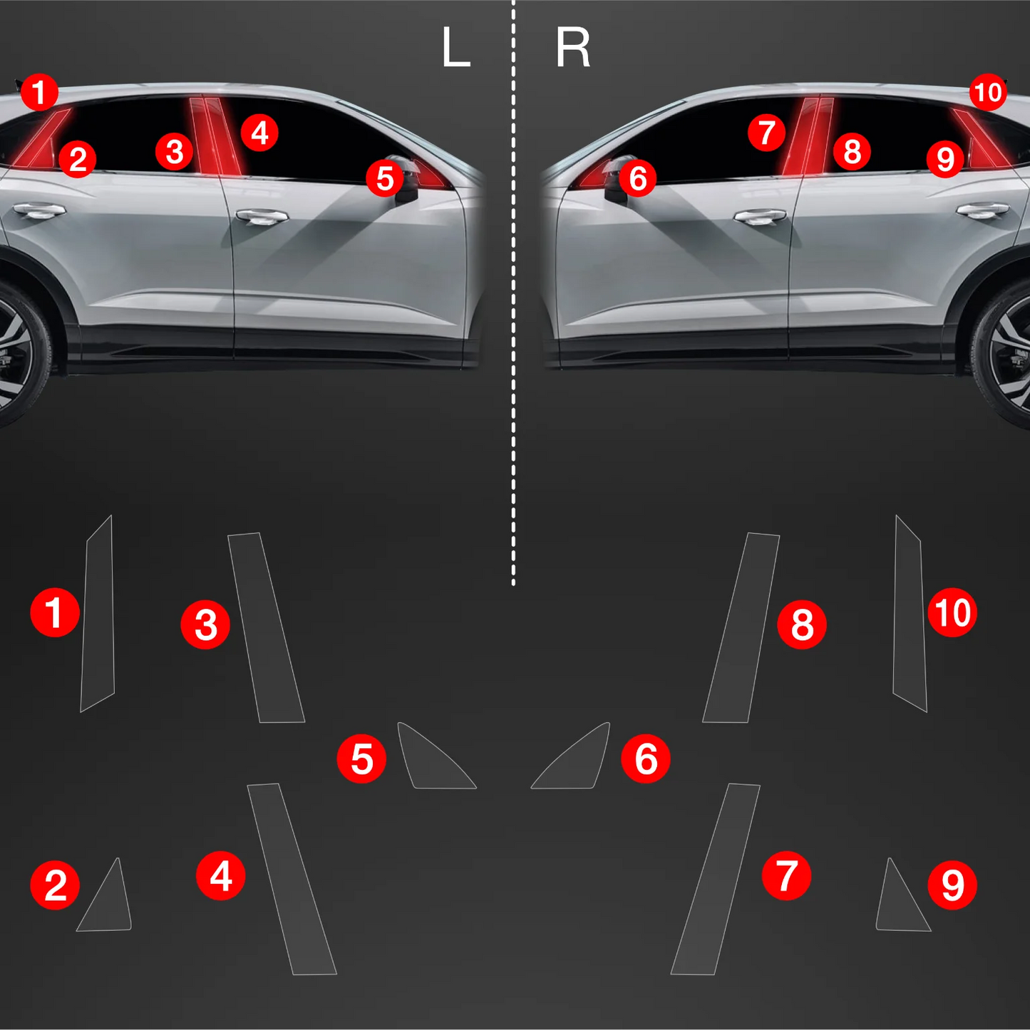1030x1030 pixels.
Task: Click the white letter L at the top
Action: [x=456, y=48]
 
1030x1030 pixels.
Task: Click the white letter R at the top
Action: [x=573, y=48]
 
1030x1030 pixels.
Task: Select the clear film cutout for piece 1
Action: [x=98, y=614]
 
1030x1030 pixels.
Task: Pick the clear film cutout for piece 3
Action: [x=266, y=627]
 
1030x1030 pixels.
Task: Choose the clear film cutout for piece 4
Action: [x=292, y=880]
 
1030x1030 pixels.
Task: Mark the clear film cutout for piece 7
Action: [x=715, y=880]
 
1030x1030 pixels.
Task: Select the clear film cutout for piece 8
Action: [x=741, y=627]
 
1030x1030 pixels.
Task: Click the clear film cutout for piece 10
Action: [x=910, y=614]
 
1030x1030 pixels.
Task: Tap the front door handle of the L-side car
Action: [x=262, y=216]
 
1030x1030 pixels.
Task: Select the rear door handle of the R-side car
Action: [x=983, y=210]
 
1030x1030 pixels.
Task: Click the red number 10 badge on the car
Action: [x=988, y=93]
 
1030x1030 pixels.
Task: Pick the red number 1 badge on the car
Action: [x=39, y=93]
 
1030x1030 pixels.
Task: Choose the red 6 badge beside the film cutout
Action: [x=646, y=758]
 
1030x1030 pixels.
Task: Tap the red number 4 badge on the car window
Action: [x=259, y=133]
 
